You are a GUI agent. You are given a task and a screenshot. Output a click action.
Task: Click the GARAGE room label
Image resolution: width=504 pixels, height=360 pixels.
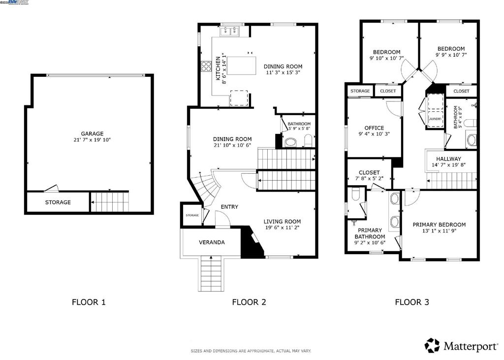tap(92, 133)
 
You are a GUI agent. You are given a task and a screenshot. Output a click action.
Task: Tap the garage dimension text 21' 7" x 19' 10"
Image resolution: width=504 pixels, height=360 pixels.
tap(92, 140)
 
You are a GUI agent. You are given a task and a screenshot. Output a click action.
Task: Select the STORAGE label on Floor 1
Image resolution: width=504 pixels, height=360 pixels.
tap(58, 202)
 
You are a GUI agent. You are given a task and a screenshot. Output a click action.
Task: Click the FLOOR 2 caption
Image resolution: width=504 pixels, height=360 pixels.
tap(249, 302)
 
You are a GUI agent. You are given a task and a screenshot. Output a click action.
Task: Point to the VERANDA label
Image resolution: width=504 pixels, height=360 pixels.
tap(212, 242)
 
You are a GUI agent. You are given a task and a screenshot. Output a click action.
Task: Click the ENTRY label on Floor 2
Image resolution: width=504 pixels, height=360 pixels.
tap(229, 207)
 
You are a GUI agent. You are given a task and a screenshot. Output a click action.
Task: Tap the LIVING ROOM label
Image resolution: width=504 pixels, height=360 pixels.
tap(282, 222)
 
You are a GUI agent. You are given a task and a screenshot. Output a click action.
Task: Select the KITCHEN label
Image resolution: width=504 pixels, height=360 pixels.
tap(218, 69)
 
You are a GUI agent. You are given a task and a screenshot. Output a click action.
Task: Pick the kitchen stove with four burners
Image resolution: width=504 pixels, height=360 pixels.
tap(206, 66)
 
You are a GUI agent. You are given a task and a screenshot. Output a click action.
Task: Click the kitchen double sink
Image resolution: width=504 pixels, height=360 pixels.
tap(230, 32)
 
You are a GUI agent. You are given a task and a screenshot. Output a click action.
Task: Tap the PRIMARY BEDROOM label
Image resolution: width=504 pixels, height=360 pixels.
tap(439, 225)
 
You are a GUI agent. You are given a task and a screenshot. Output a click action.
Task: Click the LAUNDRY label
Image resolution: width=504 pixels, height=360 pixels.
tap(435, 119)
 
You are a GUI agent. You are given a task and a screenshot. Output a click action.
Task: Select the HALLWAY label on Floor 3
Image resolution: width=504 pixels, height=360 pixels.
tap(448, 159)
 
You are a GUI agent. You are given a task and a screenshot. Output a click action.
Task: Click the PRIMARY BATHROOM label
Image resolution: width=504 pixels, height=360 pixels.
tap(370, 233)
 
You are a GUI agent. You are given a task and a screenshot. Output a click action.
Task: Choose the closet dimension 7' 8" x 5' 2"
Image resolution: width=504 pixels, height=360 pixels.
tap(369, 179)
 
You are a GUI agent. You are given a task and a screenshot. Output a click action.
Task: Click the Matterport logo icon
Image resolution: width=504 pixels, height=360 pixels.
tap(432, 345)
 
